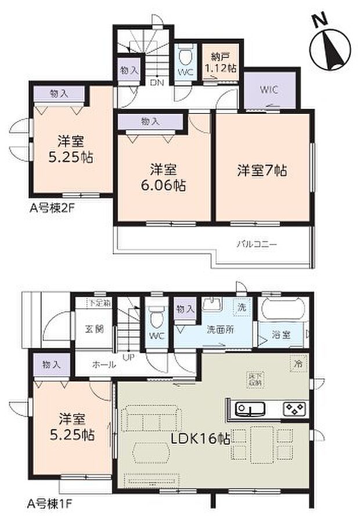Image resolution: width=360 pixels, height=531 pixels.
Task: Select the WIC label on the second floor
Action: pyautogui.click(x=269, y=89)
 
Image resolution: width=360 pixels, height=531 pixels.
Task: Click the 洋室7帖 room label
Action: pyautogui.click(x=261, y=171)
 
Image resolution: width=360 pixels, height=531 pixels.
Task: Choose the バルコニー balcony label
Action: pyautogui.click(x=256, y=245)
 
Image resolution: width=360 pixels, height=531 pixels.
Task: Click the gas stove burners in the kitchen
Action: pyautogui.click(x=295, y=409)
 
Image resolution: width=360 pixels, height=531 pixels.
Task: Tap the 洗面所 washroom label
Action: pyautogui.click(x=220, y=329)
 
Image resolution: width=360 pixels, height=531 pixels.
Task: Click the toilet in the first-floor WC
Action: pyautogui.click(x=155, y=319)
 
